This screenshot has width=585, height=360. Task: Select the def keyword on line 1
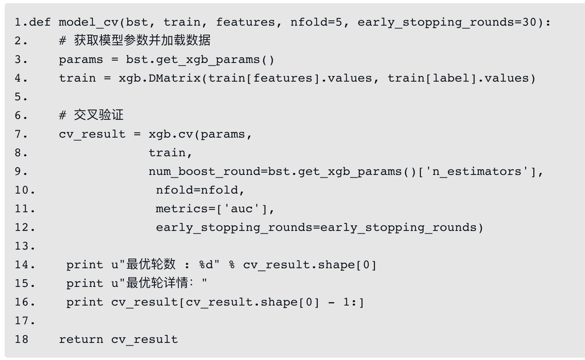click(x=40, y=22)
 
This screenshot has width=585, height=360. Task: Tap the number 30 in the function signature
click(x=529, y=22)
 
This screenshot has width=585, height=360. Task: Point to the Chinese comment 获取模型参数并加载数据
click(x=142, y=40)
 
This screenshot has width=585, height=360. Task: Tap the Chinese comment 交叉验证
click(x=99, y=115)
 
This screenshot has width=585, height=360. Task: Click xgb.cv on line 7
click(x=171, y=134)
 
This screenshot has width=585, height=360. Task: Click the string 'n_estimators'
click(x=476, y=171)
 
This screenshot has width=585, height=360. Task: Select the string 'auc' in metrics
click(x=242, y=209)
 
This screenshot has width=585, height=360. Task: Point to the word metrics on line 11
click(x=182, y=209)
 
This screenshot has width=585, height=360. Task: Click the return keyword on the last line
click(x=81, y=339)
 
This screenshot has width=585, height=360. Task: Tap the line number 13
click(x=24, y=246)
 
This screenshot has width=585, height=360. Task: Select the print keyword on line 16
click(x=84, y=302)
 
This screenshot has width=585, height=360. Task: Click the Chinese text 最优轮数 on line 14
click(x=151, y=264)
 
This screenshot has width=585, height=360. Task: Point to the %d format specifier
click(x=206, y=265)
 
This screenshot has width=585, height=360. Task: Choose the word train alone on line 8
click(x=167, y=153)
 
